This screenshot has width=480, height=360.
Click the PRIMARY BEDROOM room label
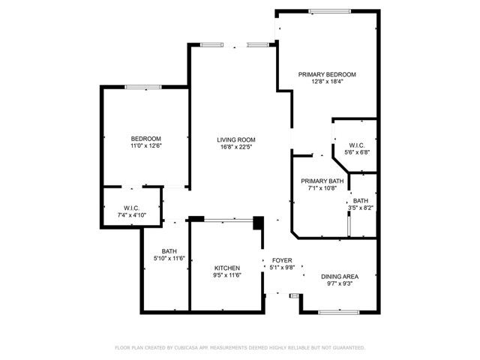pyautogui.click(x=326, y=74)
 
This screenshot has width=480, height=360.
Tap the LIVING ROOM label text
pyautogui.click(x=236, y=139)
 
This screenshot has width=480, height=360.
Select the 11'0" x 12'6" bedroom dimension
pyautogui.click(x=146, y=146)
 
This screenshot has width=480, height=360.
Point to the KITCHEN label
pyautogui.click(x=227, y=268)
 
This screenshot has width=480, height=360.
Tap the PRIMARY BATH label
pyautogui.click(x=322, y=181)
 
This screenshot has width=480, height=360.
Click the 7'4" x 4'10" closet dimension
pyautogui.click(x=131, y=215)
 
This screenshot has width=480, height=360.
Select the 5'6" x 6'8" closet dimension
pyautogui.click(x=357, y=152)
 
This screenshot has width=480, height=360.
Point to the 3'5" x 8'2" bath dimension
pyautogui.click(x=361, y=208)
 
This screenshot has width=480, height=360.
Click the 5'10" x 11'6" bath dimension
pyautogui.click(x=169, y=259)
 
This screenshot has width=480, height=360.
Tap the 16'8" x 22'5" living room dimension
pyautogui.click(x=236, y=147)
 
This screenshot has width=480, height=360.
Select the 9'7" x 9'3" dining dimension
pyautogui.click(x=341, y=283)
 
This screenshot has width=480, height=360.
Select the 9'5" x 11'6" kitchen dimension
pyautogui.click(x=227, y=276)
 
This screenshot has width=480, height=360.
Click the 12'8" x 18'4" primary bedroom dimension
pyautogui.click(x=326, y=82)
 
